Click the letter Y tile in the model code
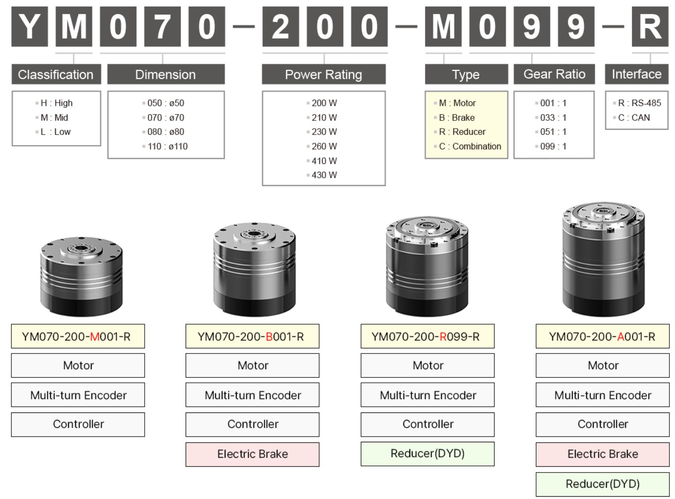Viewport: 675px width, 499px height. click(x=29, y=26)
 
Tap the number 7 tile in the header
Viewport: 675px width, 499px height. click(x=163, y=26)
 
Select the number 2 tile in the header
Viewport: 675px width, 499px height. click(x=281, y=26)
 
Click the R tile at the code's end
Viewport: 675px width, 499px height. click(x=650, y=26)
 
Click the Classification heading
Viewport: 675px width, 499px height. click(x=56, y=74)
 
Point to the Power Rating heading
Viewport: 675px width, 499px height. click(x=324, y=74)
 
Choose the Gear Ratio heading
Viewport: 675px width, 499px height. click(x=554, y=74)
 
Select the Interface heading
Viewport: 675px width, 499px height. click(x=637, y=74)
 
